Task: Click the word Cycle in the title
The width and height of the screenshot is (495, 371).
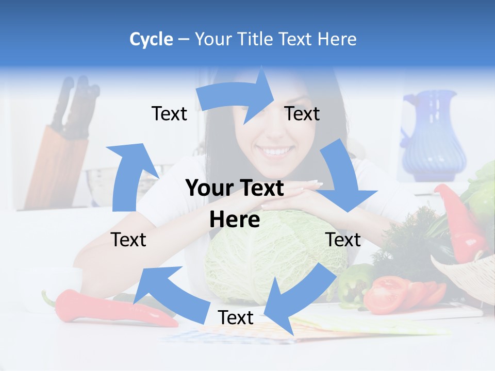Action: tap(151, 39)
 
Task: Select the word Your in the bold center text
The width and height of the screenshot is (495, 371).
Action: tap(206, 189)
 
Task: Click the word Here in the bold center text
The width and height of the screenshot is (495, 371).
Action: tap(234, 220)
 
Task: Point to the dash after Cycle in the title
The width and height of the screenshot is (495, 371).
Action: tap(183, 39)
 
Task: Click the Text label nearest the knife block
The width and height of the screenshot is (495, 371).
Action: tap(169, 113)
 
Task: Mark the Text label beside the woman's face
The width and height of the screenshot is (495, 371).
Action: tap(302, 113)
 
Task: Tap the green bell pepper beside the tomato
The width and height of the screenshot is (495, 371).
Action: tap(356, 283)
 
